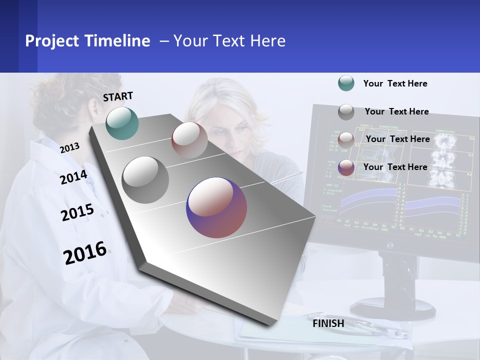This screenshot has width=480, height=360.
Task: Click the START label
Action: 118,96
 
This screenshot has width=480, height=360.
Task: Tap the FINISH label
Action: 328,323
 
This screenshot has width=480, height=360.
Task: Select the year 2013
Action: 70,147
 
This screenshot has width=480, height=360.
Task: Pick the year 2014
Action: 73,177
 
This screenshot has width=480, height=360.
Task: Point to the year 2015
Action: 77,212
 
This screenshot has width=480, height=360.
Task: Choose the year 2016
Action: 85,252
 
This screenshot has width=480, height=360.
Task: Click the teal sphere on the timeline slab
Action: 122,123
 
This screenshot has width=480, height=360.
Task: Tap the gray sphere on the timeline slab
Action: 145,179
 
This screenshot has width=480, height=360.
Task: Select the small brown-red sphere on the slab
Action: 189,140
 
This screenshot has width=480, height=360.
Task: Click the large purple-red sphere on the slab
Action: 216,207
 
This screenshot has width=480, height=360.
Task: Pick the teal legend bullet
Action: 346,83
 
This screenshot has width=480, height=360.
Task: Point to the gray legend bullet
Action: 346,111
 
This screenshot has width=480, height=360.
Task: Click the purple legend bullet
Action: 346,167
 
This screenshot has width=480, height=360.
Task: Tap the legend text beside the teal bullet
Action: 395,83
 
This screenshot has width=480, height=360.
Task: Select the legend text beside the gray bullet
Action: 396,111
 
